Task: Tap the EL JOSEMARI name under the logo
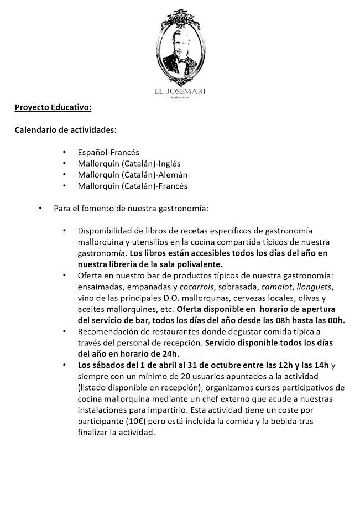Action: coord(180,92)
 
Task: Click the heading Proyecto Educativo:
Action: coord(49,106)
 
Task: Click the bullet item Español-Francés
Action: coord(108,152)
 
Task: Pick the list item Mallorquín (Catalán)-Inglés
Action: coord(129,163)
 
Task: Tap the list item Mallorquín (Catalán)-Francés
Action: coord(133,186)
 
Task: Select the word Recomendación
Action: coord(107,331)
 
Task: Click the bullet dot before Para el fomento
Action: coord(40,209)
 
